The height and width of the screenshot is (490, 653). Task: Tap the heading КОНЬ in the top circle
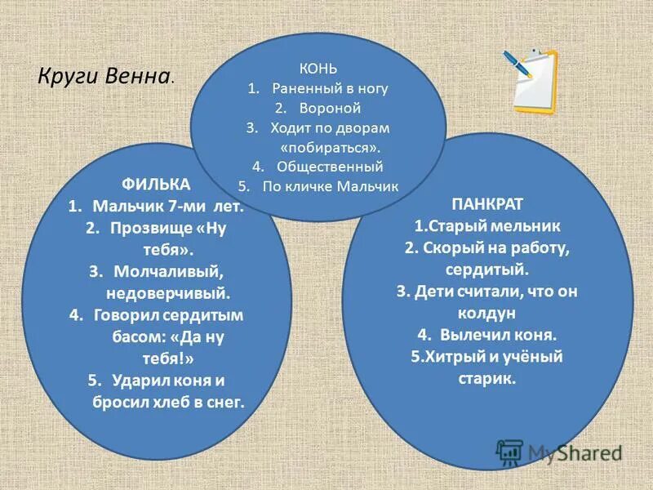318,68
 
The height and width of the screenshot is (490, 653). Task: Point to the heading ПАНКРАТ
487,202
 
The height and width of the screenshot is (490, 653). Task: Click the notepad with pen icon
533,80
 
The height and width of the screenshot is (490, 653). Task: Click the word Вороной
328,108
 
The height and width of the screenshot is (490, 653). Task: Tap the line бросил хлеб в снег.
167,401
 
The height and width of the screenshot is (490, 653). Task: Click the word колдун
487,312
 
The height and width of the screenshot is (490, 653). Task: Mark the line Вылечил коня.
498,334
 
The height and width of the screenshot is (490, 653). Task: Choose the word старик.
487,378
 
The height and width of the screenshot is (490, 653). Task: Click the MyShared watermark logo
560,452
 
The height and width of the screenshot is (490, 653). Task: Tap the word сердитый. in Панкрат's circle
487,268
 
